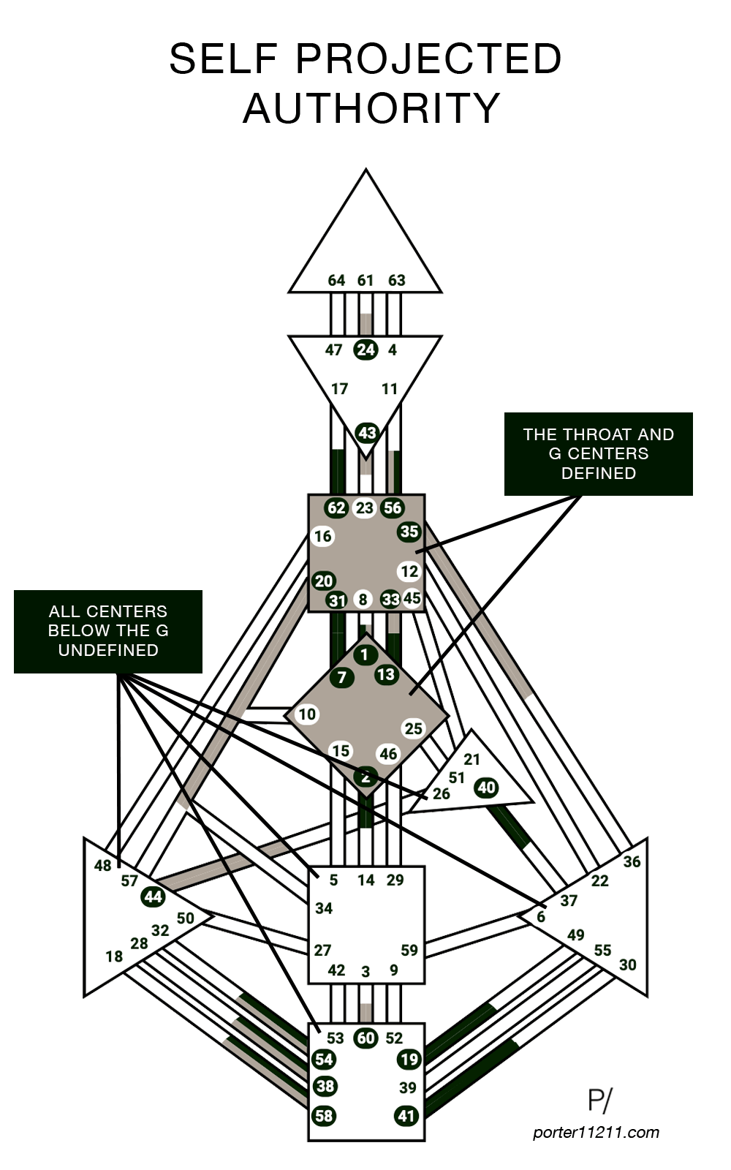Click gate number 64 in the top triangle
pos(336,280)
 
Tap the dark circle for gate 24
pos(365,350)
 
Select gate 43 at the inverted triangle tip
pos(366,433)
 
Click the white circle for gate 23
pos(365,508)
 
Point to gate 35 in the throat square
pos(409,532)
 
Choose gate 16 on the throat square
pos(322,537)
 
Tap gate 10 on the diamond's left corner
pos(307,714)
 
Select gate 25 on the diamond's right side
pos(414,728)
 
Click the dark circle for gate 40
pos(486,788)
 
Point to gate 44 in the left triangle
pos(154,897)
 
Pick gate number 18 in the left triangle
pos(114,956)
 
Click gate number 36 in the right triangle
pos(632,862)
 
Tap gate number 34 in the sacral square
pos(324,908)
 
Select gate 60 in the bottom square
pos(365,1038)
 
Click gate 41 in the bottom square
pos(407,1116)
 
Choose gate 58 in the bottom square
pos(325,1116)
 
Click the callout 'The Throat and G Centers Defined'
pos(598,454)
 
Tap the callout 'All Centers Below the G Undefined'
pos(108,631)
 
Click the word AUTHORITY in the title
pos(371,108)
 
